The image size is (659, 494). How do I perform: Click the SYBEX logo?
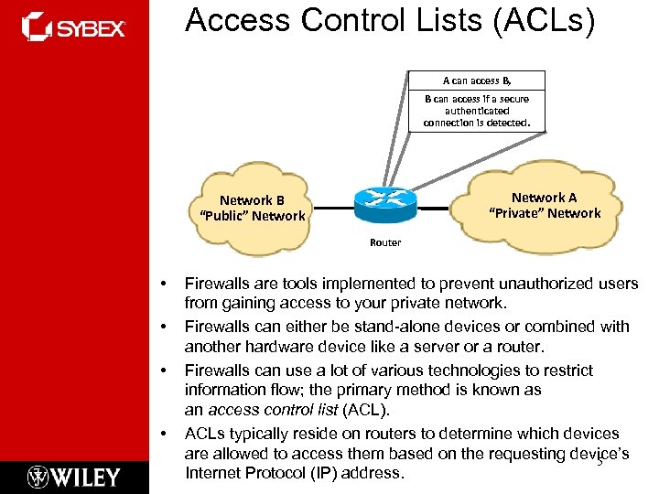(x=73, y=27)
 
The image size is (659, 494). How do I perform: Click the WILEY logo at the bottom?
(x=73, y=476)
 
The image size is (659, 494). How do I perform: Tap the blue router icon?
(x=385, y=200)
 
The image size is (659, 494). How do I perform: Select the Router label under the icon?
(x=385, y=242)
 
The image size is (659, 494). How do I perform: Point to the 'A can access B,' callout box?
(x=476, y=81)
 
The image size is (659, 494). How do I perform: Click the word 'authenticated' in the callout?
(x=476, y=110)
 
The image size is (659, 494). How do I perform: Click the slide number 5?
(x=600, y=464)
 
